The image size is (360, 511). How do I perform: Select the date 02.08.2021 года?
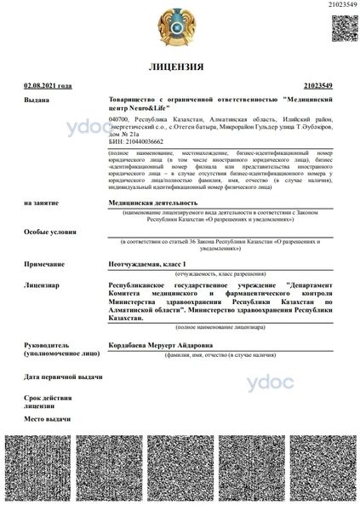click(48, 86)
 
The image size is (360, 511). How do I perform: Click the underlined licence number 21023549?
click(317, 86)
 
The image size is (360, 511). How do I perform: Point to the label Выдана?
click(37, 100)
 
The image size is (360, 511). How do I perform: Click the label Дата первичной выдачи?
click(63, 376)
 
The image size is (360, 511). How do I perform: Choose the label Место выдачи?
click(47, 419)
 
